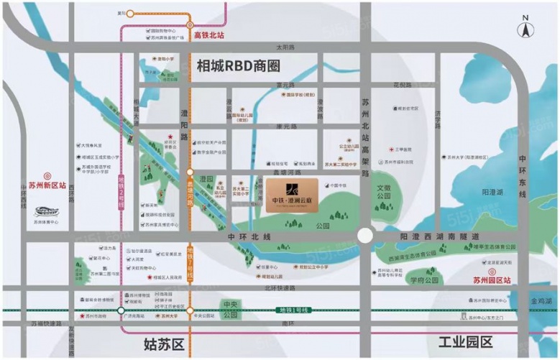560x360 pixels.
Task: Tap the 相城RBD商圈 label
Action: pyautogui.click(x=238, y=66)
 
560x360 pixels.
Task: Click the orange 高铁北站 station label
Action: pyautogui.click(x=209, y=34)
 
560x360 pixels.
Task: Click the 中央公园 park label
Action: pyautogui.click(x=230, y=310)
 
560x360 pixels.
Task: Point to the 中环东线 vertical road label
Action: pyautogui.click(x=523, y=177)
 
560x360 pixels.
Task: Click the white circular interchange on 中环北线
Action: pyautogui.click(x=366, y=236)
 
